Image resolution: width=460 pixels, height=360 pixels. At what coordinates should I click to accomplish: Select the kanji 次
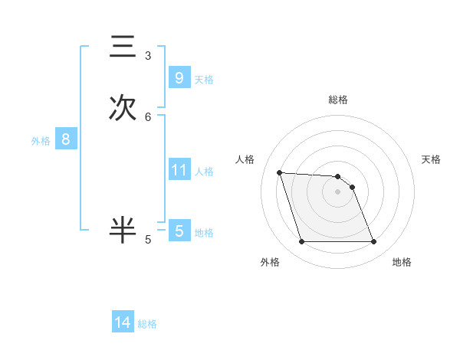coord(123,107)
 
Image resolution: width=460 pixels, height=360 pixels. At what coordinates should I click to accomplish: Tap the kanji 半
coord(123,229)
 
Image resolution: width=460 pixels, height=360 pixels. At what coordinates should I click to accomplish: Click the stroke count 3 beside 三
coord(148,56)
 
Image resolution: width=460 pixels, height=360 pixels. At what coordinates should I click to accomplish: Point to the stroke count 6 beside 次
coord(148,117)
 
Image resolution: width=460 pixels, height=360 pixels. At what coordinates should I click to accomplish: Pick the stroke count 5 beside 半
coord(148,240)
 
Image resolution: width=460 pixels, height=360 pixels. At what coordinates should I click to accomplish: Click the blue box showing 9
coord(179,78)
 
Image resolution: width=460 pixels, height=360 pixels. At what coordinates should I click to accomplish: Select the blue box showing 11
coord(179,170)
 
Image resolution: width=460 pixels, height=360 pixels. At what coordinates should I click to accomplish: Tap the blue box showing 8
coord(66,139)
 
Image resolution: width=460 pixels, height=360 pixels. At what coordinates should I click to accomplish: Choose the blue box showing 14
coord(123,322)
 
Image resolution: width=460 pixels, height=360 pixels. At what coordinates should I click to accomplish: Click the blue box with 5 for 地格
coord(179,231)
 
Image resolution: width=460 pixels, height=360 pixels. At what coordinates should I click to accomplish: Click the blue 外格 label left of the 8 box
coord(41,141)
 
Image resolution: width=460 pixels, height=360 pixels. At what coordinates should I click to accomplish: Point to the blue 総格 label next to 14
coord(147,324)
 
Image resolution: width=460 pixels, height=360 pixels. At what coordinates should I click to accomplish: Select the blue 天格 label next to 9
coord(204,80)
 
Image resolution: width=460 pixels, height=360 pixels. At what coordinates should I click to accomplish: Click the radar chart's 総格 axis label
coord(338,100)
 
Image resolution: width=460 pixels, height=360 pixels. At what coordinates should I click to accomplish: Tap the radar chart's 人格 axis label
coord(245,159)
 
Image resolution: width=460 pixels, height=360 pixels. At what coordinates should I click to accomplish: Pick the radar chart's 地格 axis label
coord(402,262)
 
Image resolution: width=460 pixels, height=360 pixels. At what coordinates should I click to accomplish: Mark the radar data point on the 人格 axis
coord(279,172)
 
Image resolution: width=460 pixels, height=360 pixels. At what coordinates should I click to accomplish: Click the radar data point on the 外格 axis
coord(301,242)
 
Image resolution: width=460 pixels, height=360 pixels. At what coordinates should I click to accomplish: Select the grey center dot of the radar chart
coord(338,191)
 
